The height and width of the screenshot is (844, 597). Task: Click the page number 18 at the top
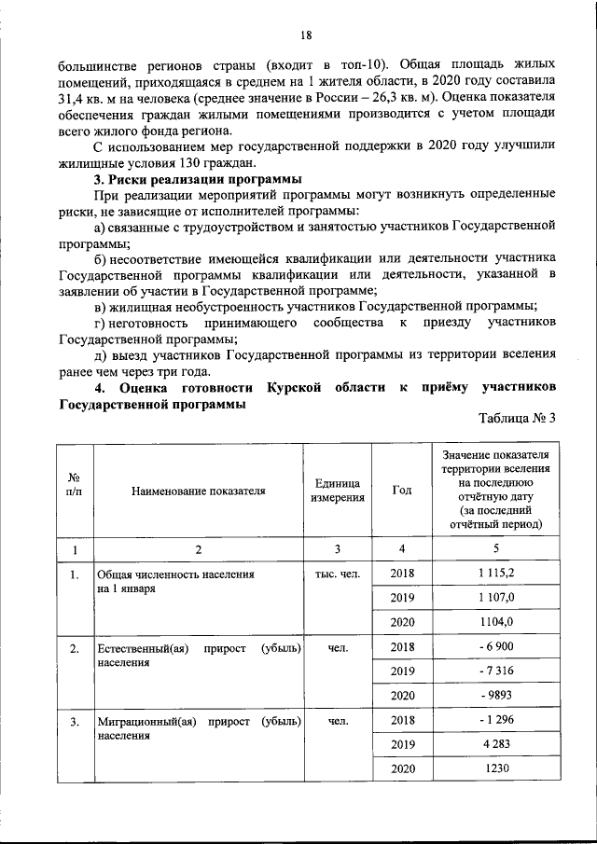tap(305, 35)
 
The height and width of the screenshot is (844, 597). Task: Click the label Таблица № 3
tap(517, 417)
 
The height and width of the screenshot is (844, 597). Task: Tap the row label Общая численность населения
tap(175, 574)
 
